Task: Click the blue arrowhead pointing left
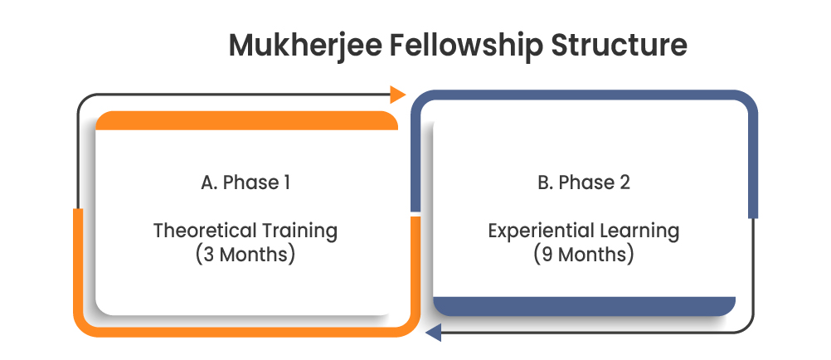[431, 333]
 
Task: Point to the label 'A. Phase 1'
[245, 182]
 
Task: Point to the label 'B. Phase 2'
[583, 182]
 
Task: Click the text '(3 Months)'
[245, 254]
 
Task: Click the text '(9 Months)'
[584, 254]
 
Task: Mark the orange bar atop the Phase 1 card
[246, 121]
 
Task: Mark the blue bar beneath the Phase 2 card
[584, 306]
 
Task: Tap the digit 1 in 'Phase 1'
[286, 182]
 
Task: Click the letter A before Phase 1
[207, 182]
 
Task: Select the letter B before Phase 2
[543, 182]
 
